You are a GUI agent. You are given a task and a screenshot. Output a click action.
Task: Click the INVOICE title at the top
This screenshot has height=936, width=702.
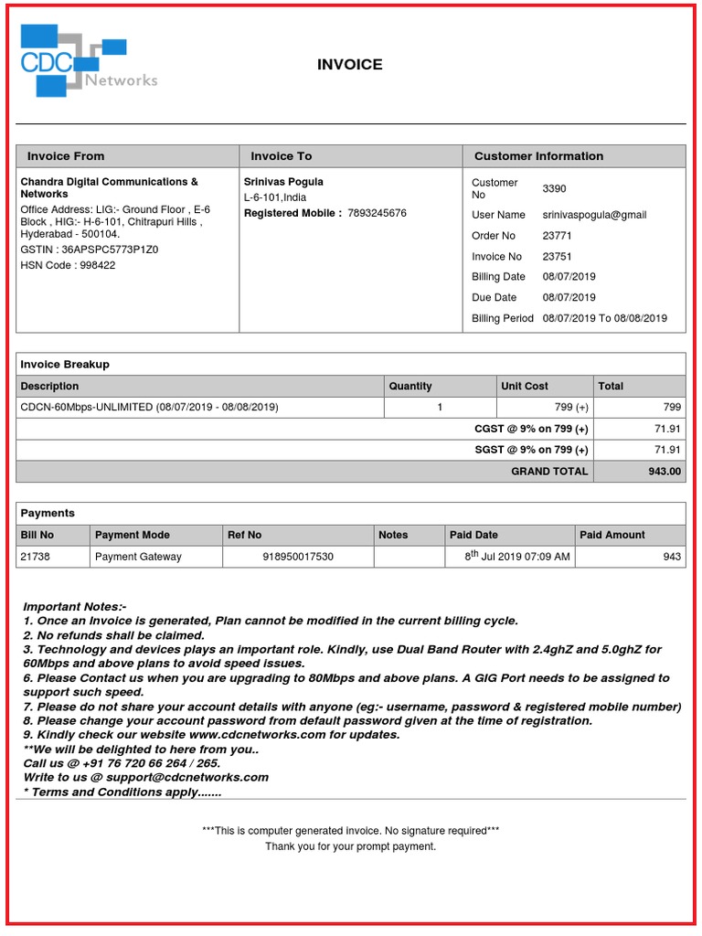(350, 65)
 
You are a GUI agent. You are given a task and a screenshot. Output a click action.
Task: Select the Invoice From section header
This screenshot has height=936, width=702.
(66, 156)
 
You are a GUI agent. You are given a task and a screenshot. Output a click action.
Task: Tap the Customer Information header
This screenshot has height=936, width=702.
(538, 156)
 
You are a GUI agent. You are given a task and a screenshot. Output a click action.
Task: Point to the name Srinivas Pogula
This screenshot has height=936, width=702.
(283, 182)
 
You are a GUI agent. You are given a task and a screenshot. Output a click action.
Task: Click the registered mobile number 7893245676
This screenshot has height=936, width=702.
(377, 213)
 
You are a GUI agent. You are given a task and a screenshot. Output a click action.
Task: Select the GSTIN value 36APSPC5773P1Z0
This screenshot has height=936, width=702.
(109, 249)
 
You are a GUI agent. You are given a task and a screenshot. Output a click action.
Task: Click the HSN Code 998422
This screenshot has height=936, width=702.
(95, 265)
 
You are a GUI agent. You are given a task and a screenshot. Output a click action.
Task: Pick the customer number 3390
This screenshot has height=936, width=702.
(554, 188)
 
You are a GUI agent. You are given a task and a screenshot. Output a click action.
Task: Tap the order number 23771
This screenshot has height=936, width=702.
(557, 236)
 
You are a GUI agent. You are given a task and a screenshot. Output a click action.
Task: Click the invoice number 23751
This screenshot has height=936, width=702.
(557, 257)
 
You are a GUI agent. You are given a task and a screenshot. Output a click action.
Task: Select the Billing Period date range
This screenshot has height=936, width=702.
(604, 318)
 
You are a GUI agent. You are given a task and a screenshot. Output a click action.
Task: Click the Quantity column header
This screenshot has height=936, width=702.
(410, 386)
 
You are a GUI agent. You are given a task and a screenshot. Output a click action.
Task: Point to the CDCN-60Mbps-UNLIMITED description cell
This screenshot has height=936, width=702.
(150, 407)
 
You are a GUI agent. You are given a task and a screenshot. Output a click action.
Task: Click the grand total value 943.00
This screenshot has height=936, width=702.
(664, 471)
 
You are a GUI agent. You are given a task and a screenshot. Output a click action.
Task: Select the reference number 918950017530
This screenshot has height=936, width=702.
(298, 557)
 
